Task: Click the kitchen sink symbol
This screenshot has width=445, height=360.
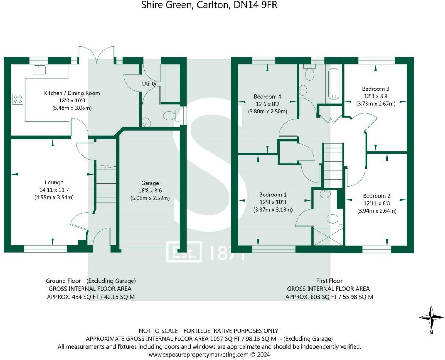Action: point(39,70)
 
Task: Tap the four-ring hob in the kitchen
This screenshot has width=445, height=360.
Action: point(18,99)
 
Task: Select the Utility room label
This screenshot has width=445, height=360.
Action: point(149,84)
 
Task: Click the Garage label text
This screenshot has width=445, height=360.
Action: point(150,183)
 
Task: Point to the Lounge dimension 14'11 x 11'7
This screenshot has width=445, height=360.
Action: point(54,190)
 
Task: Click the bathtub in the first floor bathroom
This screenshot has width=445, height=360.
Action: point(333,84)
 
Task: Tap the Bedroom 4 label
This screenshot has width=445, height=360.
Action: point(267,97)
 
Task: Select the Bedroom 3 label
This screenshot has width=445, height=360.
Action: point(376,89)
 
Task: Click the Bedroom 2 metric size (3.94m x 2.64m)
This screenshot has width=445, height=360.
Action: point(377,211)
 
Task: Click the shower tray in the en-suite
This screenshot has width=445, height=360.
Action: point(328,237)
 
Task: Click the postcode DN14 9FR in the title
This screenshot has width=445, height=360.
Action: point(256,5)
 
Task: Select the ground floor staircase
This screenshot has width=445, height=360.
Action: point(106,184)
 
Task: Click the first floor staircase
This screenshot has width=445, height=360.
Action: point(333,165)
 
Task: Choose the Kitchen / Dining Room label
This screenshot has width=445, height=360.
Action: point(72,93)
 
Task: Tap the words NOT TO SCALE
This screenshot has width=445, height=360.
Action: point(158,331)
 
